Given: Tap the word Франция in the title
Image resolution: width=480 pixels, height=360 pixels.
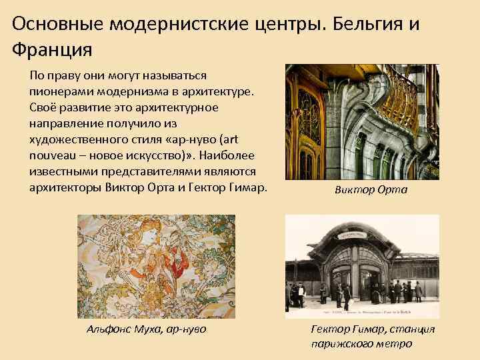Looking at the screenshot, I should (x=51, y=49).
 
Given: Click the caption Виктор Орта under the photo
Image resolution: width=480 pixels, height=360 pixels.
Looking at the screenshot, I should (x=371, y=190).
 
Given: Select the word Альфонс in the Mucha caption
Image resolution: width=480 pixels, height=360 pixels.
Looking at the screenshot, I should (x=111, y=329).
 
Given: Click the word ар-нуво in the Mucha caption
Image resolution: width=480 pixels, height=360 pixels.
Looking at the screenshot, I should (x=186, y=329).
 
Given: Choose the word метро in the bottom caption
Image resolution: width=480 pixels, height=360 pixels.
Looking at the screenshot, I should (x=396, y=343).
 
